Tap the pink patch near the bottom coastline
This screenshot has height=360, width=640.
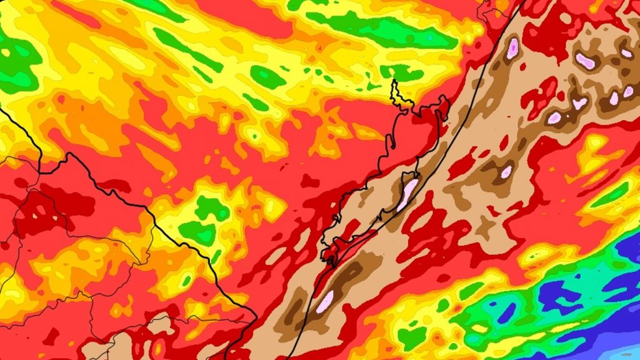pyautogui.click(x=325, y=301)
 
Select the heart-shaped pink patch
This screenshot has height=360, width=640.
pyautogui.click(x=579, y=103)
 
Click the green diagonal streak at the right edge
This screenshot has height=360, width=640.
pyautogui.click(x=610, y=196)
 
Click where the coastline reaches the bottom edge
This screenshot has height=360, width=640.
pyautogui.click(x=289, y=357)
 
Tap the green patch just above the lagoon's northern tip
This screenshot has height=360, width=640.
pyautogui.click(x=401, y=71)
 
